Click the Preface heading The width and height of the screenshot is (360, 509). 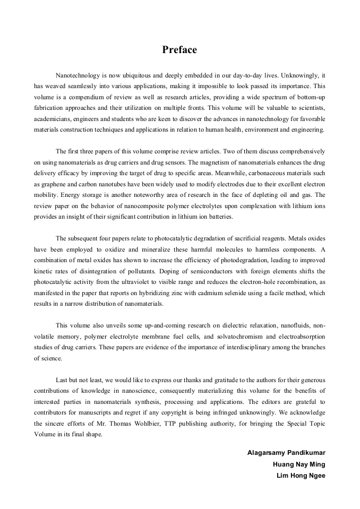[x=179, y=50]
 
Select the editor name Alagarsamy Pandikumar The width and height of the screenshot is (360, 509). [x=286, y=453]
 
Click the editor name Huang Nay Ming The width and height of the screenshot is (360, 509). [x=299, y=464]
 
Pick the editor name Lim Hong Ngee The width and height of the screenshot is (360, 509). [x=301, y=476]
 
